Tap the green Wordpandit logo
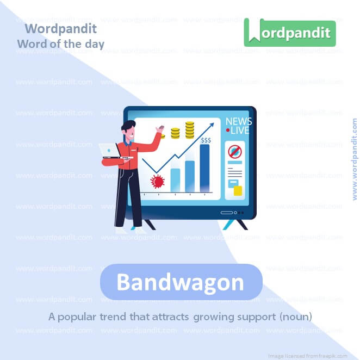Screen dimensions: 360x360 click(289, 33)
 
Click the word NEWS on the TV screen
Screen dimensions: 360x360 click(238, 122)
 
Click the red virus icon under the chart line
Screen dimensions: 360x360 click(158, 181)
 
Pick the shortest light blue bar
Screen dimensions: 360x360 click(175, 179)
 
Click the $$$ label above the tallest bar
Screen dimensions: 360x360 click(206, 140)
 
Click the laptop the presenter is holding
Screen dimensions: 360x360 click(109, 149)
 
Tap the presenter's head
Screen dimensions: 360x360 click(127, 129)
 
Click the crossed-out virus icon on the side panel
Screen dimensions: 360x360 click(234, 152)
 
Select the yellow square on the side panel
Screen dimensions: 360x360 click(237, 190)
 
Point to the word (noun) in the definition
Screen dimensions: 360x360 click(296, 316)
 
